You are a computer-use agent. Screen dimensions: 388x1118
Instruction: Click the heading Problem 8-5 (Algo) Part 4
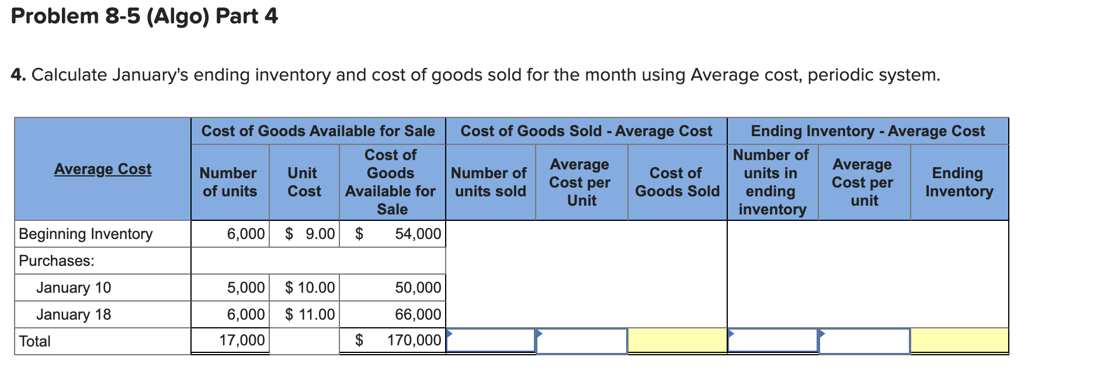tap(144, 16)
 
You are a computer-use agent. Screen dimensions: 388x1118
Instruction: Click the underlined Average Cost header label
tap(103, 169)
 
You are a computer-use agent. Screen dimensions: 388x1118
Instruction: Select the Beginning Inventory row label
tap(85, 234)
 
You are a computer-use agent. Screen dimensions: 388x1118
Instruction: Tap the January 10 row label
tap(74, 287)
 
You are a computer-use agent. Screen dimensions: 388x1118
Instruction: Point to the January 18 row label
tap(74, 314)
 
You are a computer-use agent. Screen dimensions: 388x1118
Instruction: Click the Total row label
tap(35, 341)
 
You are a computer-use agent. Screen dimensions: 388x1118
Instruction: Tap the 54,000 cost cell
tap(393, 234)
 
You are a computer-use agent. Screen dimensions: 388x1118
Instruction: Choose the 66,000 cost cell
tap(393, 314)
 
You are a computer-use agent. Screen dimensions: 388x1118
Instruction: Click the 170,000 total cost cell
tap(393, 340)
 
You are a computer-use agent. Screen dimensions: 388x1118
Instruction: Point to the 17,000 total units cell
tap(230, 340)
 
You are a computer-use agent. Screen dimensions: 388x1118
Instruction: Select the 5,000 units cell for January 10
tap(230, 287)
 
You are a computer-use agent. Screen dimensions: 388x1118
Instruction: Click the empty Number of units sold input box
tap(491, 340)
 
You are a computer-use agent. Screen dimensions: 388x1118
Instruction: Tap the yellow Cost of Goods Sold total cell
tap(677, 340)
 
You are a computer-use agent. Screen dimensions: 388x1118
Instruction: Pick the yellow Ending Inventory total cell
tap(959, 340)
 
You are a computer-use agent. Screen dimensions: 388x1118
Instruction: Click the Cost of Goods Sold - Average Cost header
tap(586, 131)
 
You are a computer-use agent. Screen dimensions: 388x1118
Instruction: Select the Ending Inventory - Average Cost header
tap(867, 131)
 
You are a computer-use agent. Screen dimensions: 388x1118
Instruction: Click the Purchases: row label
tap(57, 261)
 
